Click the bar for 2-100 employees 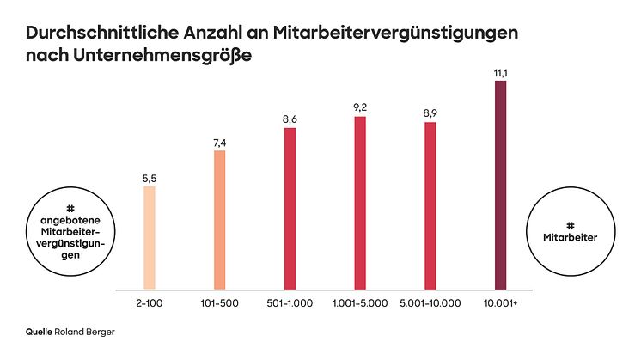point(150,237)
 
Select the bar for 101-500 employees point(219,219)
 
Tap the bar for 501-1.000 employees point(290,207)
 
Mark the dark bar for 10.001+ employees point(500,184)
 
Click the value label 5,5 point(150,179)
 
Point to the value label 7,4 point(219,143)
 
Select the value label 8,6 point(290,119)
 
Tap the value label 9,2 point(360,108)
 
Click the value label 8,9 point(430,114)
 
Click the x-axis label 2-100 point(149,302)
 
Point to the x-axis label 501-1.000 point(290,302)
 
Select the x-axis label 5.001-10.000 point(430,302)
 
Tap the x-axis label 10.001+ point(500,302)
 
